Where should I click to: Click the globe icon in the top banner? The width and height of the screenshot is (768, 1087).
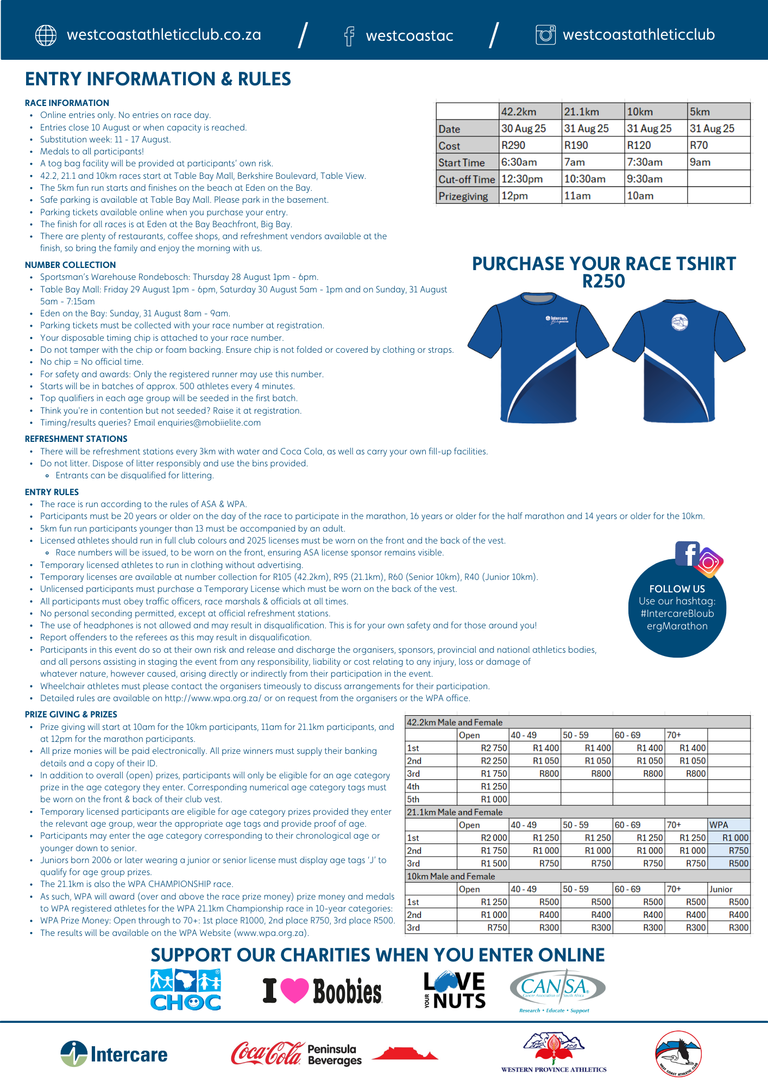point(46,35)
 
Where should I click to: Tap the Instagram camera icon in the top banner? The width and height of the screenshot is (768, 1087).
point(545,35)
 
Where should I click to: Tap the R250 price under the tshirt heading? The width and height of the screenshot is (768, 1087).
point(603,282)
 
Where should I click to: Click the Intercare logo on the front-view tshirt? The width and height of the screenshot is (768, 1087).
point(557,319)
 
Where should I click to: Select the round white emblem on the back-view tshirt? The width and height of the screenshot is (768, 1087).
point(679,322)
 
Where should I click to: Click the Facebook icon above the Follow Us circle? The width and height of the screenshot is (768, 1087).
point(687,553)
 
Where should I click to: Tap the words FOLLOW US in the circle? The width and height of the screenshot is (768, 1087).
point(677,589)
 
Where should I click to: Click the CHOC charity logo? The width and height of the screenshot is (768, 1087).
point(185,990)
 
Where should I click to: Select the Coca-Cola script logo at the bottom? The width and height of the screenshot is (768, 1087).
point(266,1053)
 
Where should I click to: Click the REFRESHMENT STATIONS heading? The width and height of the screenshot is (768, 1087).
point(76,439)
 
